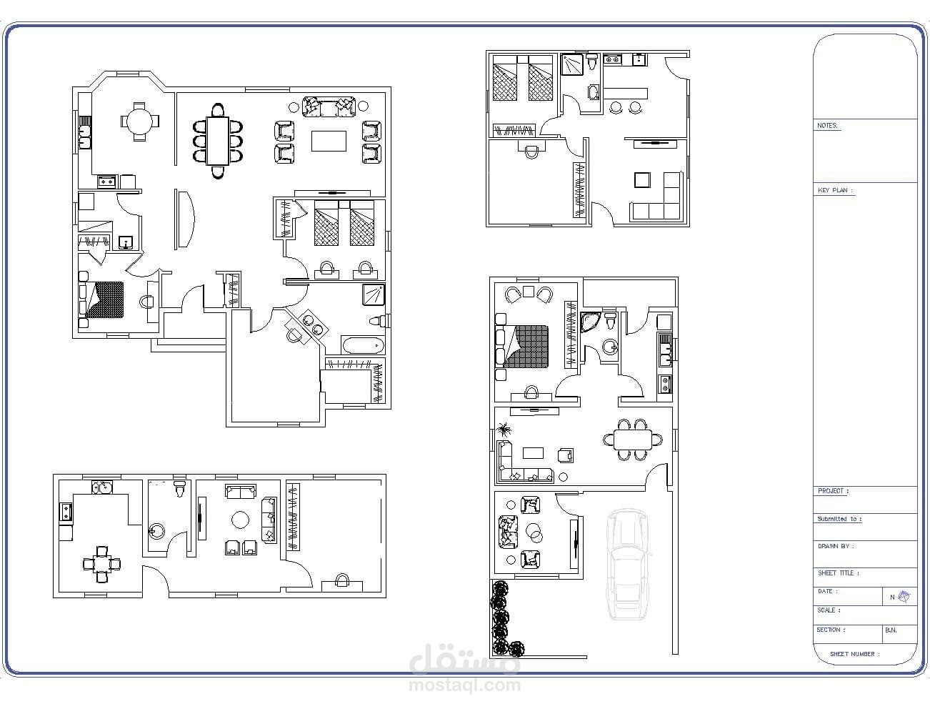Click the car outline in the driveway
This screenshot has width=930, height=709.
628,565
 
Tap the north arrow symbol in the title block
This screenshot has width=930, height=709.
904,597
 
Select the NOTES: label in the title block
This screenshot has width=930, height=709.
827,126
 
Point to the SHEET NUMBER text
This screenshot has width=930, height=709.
854,654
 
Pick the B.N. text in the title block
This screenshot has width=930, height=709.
891,630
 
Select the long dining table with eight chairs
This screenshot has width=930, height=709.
218,141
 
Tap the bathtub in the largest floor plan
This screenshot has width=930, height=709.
363,345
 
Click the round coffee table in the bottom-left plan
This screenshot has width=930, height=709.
240,520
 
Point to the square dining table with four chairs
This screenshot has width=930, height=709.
101,565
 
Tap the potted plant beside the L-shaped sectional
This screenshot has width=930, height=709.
504,430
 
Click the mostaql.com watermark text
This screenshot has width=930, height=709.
465,685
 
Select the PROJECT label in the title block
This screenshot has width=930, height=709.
833,491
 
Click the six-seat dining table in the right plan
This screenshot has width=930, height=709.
633,440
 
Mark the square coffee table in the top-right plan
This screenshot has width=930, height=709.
642,179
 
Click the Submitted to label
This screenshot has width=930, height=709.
839,519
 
